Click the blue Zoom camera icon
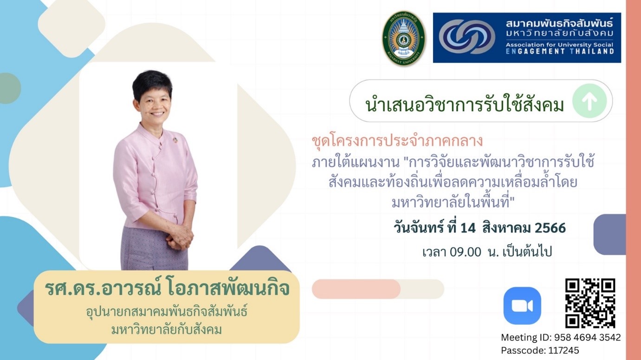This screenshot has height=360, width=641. [x=522, y=306]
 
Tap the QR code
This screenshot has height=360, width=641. [x=590, y=303]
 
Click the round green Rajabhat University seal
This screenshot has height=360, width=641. [x=404, y=39]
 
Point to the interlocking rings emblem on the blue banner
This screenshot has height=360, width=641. [x=467, y=37]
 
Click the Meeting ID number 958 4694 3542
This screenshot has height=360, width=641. [x=588, y=337]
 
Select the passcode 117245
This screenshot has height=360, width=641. [x=563, y=350]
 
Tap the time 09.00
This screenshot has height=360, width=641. [x=465, y=252]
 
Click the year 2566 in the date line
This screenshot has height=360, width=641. [x=550, y=228]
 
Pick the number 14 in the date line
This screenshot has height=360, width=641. [x=468, y=228]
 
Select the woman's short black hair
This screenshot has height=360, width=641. [x=152, y=83]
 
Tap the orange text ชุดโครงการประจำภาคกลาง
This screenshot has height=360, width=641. [x=397, y=141]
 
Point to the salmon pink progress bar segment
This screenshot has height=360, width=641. [x=356, y=289]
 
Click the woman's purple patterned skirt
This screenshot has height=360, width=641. [x=155, y=249]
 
